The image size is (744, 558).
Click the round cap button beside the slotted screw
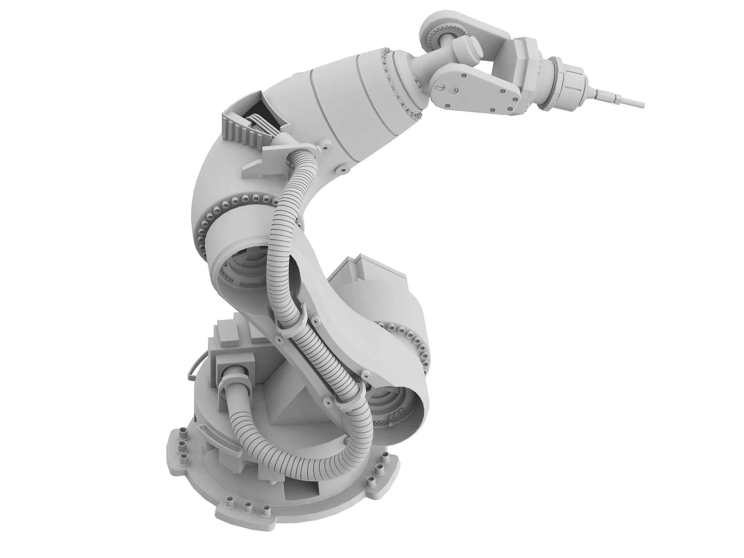point(454,90)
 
